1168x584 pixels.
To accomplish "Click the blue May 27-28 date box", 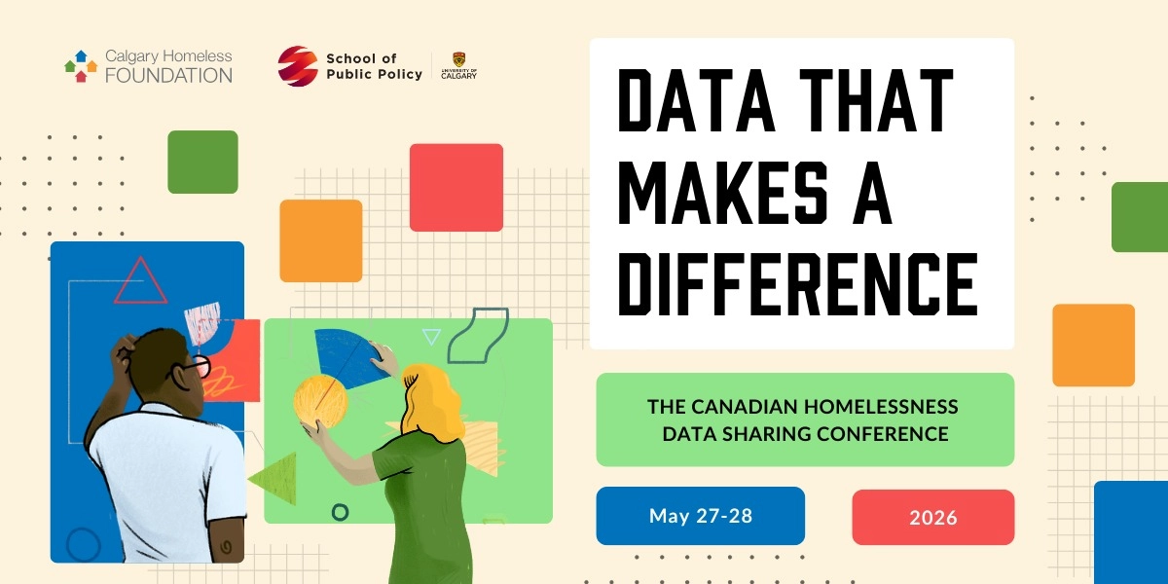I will coord(701,516).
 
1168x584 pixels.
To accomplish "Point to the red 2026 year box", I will coord(933,518).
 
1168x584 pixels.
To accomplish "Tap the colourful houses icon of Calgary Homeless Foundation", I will coord(81,65).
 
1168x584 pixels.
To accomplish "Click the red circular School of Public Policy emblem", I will coord(297,66).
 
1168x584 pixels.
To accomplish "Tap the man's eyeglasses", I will coord(198,366).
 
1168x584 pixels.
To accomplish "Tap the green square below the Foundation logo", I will coord(202,162).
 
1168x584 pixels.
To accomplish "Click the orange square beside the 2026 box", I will coord(1093,345).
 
